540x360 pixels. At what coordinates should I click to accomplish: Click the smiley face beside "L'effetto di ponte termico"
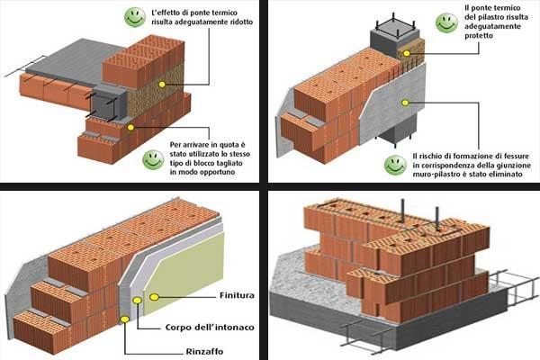(135, 17)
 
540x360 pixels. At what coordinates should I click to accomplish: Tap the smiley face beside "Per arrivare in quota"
(153, 160)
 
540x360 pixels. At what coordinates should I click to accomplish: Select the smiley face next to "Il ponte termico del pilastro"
(446, 23)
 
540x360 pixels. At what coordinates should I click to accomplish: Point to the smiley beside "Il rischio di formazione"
(395, 165)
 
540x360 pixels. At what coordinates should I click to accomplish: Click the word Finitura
(237, 295)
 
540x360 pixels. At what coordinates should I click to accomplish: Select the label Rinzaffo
(204, 352)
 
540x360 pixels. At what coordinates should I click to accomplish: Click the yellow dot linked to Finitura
(154, 297)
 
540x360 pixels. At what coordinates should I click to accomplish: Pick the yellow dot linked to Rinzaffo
(125, 319)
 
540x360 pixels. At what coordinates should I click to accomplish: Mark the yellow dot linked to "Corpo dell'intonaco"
(137, 301)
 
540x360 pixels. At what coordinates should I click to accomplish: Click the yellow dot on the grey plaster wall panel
(405, 103)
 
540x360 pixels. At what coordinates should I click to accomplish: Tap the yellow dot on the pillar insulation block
(407, 53)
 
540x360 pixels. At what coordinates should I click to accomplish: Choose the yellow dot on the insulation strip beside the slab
(162, 84)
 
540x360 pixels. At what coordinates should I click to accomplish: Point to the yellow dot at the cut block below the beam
(130, 128)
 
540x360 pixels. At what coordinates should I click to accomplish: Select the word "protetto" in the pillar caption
(479, 35)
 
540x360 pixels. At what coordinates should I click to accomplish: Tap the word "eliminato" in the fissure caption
(506, 175)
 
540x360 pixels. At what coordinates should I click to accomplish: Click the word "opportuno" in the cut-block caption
(217, 172)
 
